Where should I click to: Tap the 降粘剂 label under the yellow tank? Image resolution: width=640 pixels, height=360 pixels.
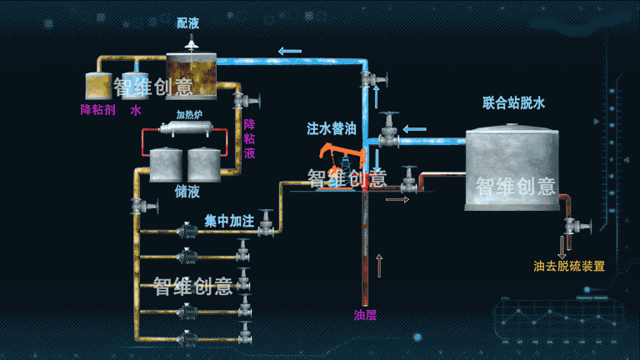[x=98, y=109]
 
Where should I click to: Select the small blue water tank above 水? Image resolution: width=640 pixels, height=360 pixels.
[x=136, y=86]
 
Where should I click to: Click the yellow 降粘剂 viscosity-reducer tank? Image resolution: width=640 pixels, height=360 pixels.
[x=99, y=84]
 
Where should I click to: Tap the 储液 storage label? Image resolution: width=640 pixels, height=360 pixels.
[x=187, y=192]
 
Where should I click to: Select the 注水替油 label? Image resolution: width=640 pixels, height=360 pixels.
[x=331, y=129]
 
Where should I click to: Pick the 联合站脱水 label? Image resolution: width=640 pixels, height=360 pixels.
[x=513, y=103]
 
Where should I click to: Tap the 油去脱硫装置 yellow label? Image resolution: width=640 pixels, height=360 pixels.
[x=569, y=267]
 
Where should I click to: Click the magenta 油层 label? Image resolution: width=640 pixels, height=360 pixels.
[x=366, y=315]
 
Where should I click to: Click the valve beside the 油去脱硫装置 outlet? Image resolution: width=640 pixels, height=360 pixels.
[x=573, y=226]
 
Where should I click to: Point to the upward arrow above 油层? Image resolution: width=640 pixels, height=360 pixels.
[x=380, y=265]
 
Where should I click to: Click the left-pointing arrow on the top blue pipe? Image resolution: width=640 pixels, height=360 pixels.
[x=290, y=52]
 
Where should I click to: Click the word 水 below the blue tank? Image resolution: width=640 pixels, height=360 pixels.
[x=136, y=109]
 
